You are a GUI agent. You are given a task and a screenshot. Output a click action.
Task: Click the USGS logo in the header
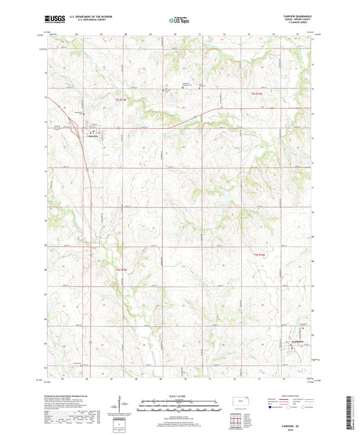click(53, 20)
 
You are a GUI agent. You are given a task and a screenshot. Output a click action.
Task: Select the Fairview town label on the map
click(98, 134)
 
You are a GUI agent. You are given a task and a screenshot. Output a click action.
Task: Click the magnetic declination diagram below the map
click(122, 407)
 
